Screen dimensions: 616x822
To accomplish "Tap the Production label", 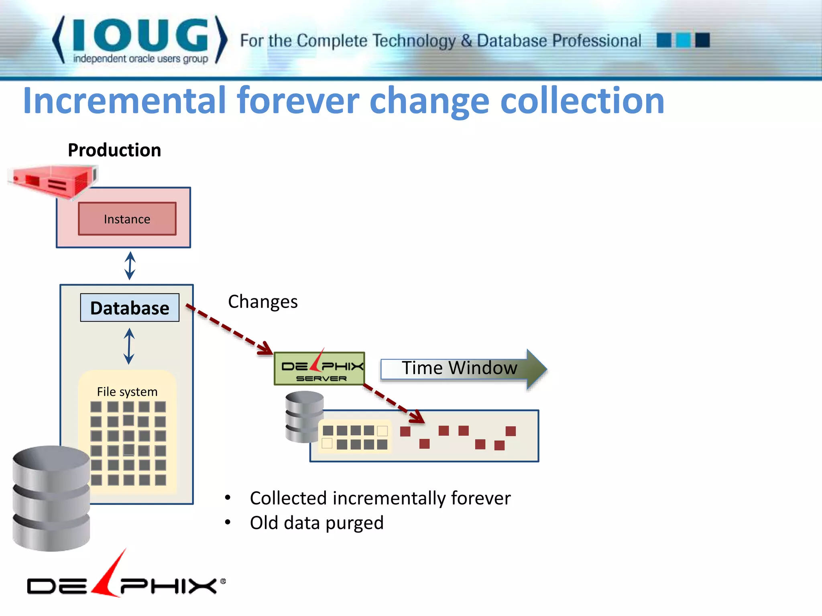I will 114,150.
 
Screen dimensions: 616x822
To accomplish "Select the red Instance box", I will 127,219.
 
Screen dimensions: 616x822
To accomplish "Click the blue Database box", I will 130,308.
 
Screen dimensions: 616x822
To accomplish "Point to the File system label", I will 127,391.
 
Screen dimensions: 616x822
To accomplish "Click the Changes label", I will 263,302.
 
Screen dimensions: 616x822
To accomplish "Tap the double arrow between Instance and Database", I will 130,265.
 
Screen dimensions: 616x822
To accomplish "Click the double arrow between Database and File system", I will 129,346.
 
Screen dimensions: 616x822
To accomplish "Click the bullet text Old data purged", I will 317,523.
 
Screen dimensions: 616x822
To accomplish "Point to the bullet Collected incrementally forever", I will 380,498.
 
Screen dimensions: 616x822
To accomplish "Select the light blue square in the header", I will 683,40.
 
